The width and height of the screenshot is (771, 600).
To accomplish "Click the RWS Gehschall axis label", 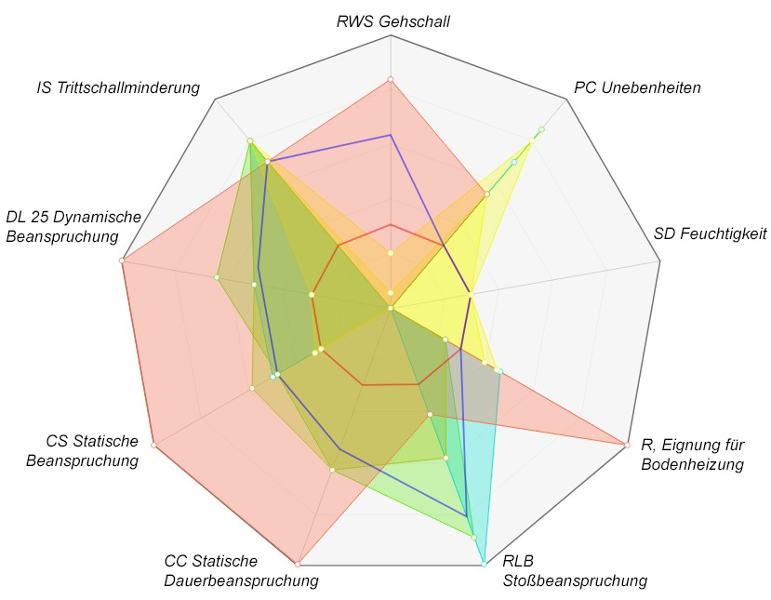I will click(x=392, y=20).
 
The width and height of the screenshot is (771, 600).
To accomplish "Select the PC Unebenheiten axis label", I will click(x=637, y=88).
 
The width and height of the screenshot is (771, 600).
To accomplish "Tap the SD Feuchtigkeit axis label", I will click(x=710, y=233).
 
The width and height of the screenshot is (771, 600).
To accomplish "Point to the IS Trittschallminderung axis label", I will click(x=118, y=88).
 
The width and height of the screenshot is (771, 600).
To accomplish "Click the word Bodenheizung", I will click(x=693, y=464).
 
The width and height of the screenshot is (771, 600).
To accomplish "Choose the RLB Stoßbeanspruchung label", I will click(x=574, y=571).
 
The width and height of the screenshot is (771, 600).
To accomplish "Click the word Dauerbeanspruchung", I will click(x=241, y=580).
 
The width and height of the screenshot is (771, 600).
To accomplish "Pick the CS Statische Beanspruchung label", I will click(x=92, y=450).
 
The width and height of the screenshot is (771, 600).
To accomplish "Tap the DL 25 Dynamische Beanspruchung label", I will click(x=73, y=226).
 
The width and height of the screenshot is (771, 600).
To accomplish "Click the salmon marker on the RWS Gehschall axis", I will click(x=391, y=80).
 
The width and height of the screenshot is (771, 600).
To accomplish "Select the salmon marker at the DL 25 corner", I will click(x=122, y=260).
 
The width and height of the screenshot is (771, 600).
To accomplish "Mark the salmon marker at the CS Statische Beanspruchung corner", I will click(x=153, y=445).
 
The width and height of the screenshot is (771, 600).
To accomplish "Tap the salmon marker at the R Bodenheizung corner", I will click(x=625, y=443).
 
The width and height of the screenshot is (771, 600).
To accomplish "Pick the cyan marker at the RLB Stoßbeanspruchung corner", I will click(x=484, y=564).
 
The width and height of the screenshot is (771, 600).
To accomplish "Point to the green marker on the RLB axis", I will click(x=474, y=538).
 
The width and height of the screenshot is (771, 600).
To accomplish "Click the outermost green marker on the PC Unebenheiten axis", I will click(x=541, y=129).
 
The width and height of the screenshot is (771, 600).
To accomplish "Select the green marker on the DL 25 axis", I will click(x=216, y=276).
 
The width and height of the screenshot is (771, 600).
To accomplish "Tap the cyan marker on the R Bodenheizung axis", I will click(x=500, y=371).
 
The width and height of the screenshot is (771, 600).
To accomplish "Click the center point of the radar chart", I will click(x=391, y=307).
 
